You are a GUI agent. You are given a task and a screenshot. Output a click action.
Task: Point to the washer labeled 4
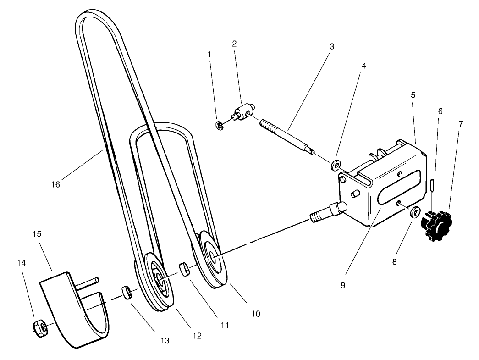click(336, 163)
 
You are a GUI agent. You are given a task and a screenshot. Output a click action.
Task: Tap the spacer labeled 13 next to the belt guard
click(127, 292)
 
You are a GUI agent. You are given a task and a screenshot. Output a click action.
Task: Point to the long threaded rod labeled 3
click(286, 137)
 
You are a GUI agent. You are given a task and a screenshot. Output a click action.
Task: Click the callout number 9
click(343, 285)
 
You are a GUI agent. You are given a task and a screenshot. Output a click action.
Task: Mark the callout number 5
click(413, 96)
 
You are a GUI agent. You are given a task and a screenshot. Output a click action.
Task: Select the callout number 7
click(461, 123)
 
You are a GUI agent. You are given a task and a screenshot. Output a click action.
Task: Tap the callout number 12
click(197, 336)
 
